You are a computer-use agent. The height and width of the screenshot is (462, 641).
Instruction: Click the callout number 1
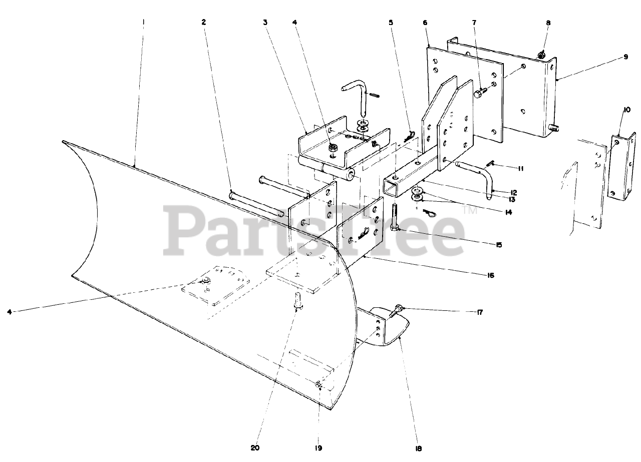pos(143,22)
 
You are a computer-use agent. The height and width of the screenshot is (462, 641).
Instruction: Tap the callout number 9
pos(625,57)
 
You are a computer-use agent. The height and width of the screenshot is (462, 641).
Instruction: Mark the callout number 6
pos(425,23)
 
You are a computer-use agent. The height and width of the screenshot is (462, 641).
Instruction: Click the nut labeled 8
pos(541,55)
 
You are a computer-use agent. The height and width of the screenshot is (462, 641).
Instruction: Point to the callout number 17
pos(479,313)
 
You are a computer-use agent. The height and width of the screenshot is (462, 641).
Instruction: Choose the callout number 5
pos(391,23)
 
